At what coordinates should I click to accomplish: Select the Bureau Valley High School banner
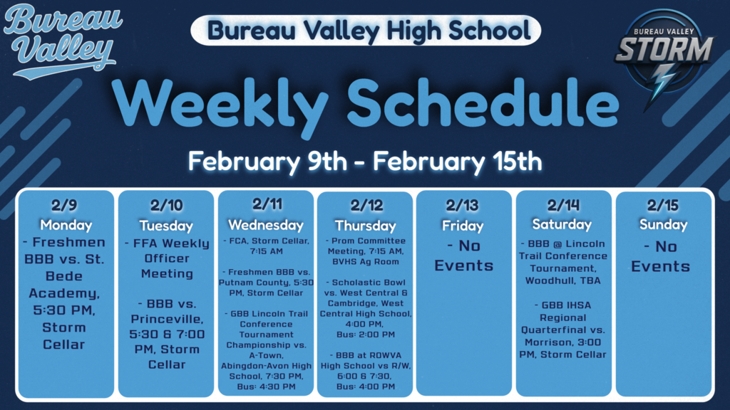(x=365, y=30)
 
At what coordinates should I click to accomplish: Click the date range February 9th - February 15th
(x=365, y=161)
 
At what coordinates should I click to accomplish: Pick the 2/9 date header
(x=65, y=206)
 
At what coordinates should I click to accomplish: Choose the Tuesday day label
(x=166, y=226)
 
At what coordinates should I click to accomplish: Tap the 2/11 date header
(x=267, y=204)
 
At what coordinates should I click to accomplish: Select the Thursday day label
(x=366, y=226)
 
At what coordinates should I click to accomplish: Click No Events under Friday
(x=464, y=256)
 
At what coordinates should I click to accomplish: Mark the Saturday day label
(x=562, y=224)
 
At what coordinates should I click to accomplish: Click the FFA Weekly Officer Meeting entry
(x=166, y=258)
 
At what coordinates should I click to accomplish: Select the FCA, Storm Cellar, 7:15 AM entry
(x=266, y=246)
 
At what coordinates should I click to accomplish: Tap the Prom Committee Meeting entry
(x=365, y=251)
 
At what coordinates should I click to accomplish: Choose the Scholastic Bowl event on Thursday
(x=365, y=303)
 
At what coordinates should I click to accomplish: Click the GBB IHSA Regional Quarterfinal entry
(x=562, y=330)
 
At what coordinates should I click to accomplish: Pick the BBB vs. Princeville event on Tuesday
(x=166, y=334)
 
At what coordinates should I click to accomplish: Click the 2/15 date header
(x=663, y=206)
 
